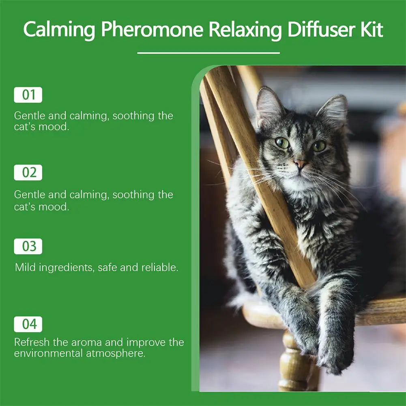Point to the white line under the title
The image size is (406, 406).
point(208,53)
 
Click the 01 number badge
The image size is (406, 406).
point(28,95)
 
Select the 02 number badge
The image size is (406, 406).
point(28,172)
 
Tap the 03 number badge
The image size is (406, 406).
point(28,247)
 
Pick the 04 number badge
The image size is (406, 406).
point(28,324)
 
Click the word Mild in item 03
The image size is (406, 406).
point(25,268)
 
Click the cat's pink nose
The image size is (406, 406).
point(300,164)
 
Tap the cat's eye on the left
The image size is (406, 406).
point(282,143)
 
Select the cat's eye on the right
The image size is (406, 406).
point(319,146)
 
